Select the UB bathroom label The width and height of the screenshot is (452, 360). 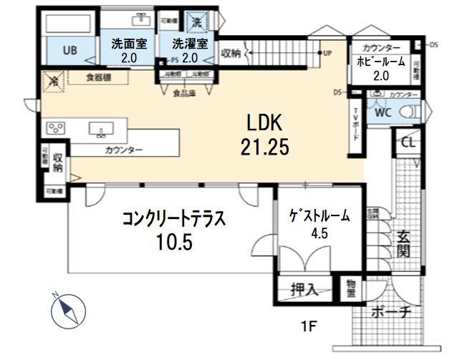69,50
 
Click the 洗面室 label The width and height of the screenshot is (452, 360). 128,43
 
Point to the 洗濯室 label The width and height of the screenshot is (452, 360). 190,43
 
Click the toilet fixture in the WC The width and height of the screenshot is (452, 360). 408,111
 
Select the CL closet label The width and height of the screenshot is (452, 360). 408,142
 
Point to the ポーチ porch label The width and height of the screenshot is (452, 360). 391,311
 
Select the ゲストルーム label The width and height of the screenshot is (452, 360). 319,215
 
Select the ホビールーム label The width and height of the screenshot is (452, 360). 381,62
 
